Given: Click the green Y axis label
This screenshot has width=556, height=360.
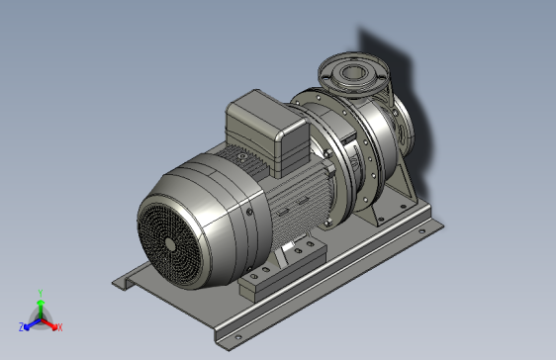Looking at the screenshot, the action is (x=41, y=293).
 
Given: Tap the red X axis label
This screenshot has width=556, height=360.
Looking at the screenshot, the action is (x=60, y=327).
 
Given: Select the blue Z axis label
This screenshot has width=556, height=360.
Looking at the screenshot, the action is (x=22, y=326).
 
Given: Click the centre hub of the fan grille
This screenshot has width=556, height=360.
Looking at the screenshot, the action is (x=170, y=244).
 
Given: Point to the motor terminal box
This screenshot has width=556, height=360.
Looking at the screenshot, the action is (x=267, y=133).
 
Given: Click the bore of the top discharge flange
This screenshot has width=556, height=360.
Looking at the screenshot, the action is (x=352, y=72).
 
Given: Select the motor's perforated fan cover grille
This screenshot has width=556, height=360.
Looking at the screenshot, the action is (x=169, y=242).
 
